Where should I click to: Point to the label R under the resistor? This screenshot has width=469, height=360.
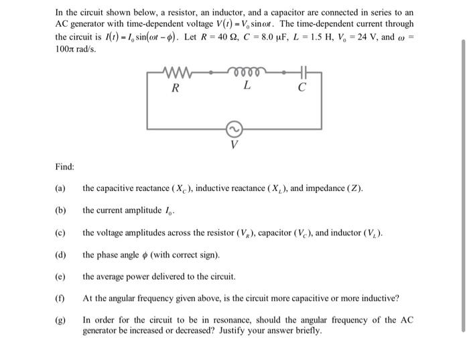[x=175, y=86]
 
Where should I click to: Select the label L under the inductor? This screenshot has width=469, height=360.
[x=247, y=86]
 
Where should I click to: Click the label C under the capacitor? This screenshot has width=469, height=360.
[x=302, y=86]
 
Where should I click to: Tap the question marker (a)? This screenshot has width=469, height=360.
[x=60, y=188]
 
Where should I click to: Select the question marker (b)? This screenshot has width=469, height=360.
[x=60, y=211]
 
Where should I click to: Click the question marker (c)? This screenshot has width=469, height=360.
[x=60, y=233]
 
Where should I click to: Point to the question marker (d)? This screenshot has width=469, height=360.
[x=60, y=255]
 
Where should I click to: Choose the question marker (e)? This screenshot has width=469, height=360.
[x=60, y=276]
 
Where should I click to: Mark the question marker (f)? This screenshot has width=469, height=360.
[x=60, y=298]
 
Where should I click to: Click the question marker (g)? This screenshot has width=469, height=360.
[x=60, y=320]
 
